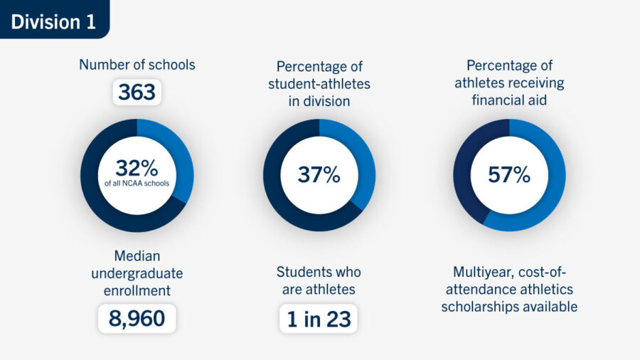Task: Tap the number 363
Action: (137, 92)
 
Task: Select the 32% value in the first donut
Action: (137, 169)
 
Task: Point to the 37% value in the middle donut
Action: (319, 174)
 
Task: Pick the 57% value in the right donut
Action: (509, 174)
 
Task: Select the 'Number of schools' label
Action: (137, 65)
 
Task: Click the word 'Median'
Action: (137, 255)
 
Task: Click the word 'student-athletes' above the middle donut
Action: (319, 84)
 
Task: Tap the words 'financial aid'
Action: (509, 100)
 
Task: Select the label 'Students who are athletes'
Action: (319, 280)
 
